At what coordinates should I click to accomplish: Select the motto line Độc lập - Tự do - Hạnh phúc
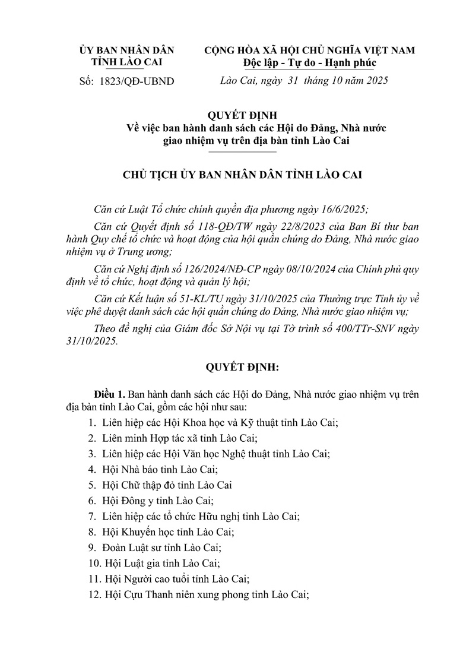pyautogui.click(x=309, y=62)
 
